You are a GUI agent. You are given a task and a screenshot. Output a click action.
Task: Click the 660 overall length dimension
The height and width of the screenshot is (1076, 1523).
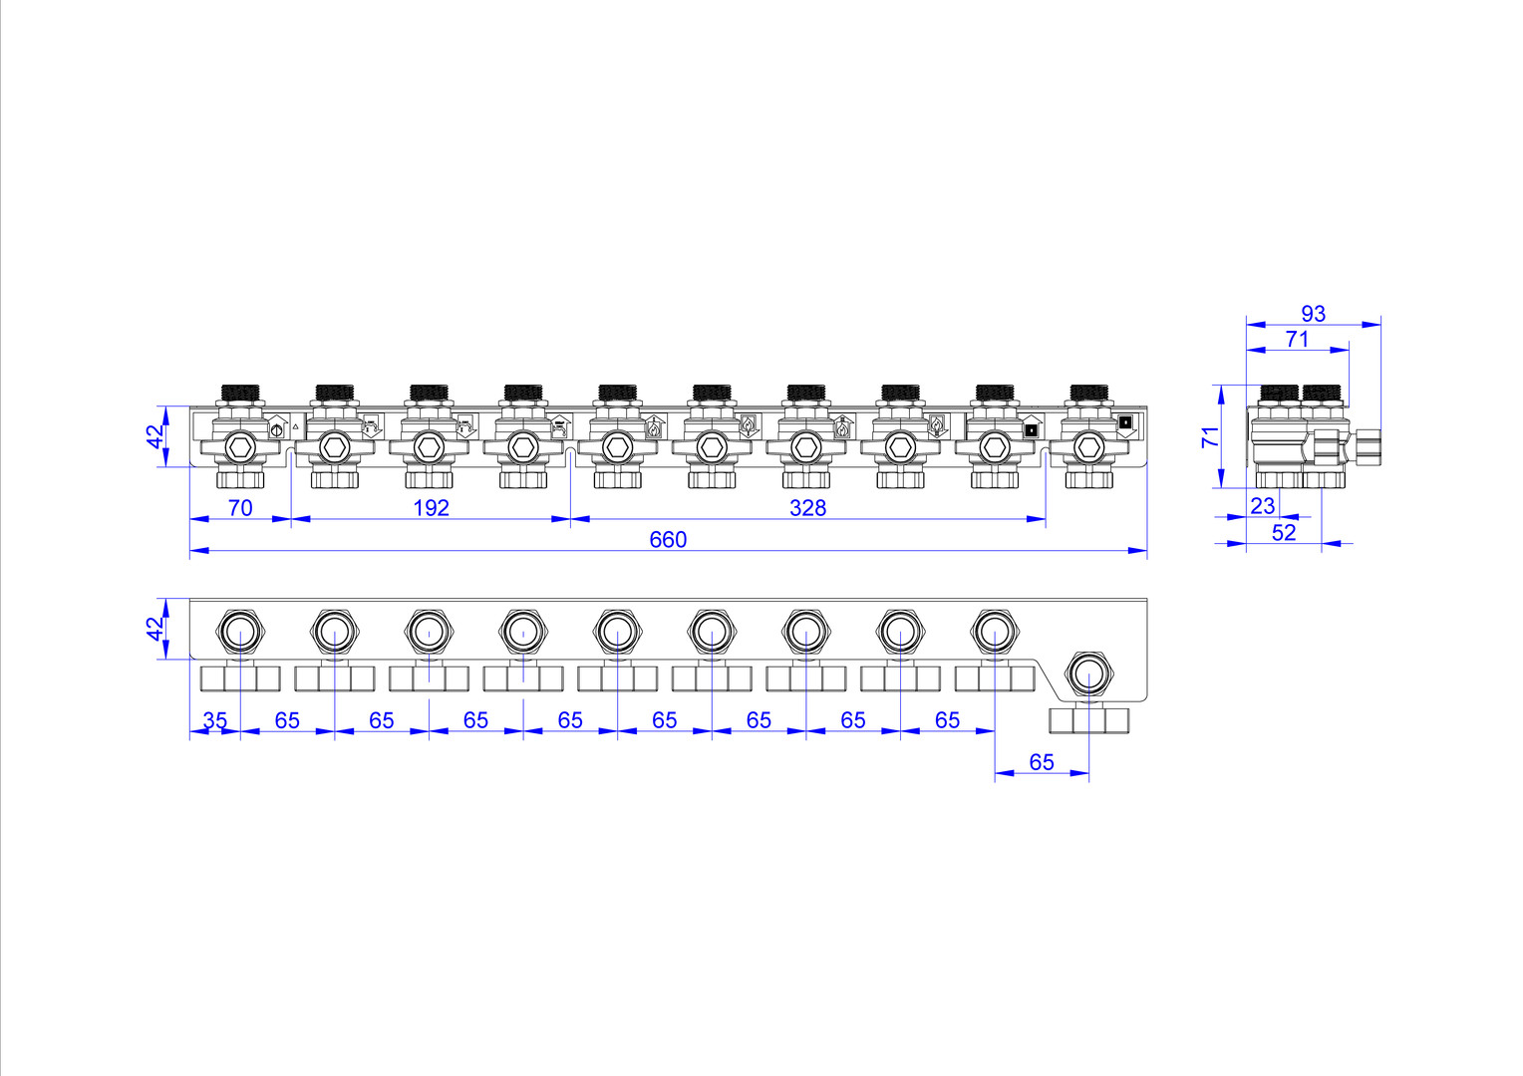click(x=668, y=540)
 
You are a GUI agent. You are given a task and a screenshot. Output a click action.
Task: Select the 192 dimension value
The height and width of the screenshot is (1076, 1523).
click(x=431, y=508)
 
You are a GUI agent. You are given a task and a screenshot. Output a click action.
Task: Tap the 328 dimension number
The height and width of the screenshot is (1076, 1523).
click(x=807, y=508)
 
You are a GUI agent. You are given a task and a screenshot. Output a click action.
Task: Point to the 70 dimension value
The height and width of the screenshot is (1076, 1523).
click(x=240, y=508)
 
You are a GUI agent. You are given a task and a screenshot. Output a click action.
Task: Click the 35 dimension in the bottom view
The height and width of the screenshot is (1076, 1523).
click(x=215, y=720)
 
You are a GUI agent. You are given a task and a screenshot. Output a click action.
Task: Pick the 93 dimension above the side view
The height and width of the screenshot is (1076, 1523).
click(x=1313, y=314)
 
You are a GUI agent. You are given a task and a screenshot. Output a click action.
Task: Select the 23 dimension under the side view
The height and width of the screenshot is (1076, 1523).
click(x=1263, y=506)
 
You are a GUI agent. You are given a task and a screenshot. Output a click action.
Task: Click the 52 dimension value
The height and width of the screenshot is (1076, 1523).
click(x=1284, y=533)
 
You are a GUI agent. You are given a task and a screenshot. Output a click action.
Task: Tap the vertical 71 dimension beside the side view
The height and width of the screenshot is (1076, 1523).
click(x=1210, y=437)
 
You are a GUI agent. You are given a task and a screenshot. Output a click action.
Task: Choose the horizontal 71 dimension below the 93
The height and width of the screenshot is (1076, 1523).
click(x=1298, y=339)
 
